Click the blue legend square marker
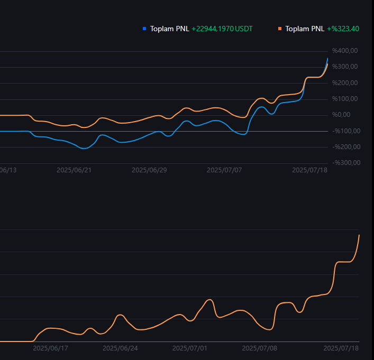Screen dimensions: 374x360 (144, 29)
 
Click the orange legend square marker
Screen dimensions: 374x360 (280, 29)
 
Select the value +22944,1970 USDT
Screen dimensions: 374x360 (222, 29)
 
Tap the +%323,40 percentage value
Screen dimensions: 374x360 (343, 29)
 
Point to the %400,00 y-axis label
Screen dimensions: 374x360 (345, 51)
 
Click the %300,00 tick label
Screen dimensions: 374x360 (345, 67)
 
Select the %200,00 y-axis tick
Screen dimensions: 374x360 (345, 82)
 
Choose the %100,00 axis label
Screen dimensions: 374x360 (345, 99)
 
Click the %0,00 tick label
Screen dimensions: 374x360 (341, 115)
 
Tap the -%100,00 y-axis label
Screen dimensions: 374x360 (346, 131)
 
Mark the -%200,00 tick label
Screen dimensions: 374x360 (346, 147)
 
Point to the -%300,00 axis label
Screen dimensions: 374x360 (346, 163)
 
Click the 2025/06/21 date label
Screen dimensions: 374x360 (74, 170)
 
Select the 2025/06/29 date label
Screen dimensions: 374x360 (149, 170)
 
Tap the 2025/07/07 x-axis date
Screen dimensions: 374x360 (224, 170)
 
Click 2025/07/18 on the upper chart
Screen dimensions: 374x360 (309, 170)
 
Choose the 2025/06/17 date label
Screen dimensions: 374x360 (50, 348)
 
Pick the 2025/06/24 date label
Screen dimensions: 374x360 (120, 348)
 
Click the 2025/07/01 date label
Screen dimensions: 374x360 (190, 348)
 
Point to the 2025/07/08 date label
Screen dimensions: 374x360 (260, 348)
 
